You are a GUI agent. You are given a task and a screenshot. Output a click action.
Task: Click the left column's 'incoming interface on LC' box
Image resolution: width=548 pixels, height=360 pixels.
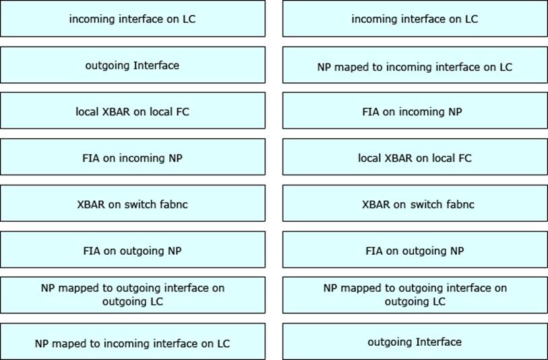coord(133,18)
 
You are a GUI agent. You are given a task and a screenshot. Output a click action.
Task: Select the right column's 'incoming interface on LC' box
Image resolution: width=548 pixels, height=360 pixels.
coord(415,18)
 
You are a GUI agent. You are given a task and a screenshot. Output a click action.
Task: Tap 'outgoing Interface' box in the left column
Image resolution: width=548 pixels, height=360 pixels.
coord(133,65)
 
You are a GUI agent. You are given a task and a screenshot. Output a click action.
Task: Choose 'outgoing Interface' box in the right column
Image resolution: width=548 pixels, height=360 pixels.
coord(415,342)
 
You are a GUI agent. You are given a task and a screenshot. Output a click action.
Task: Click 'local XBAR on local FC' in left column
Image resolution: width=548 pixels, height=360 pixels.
coord(133,111)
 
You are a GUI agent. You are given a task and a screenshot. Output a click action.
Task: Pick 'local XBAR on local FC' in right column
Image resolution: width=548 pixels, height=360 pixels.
coord(415,158)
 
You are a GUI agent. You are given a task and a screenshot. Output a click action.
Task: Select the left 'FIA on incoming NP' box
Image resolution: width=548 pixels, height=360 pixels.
coord(133,158)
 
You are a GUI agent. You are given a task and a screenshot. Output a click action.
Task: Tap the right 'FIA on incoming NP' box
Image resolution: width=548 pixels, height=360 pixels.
coord(415,111)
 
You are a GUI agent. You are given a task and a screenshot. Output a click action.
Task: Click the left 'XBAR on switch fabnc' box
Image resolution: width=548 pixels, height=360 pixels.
coord(133,204)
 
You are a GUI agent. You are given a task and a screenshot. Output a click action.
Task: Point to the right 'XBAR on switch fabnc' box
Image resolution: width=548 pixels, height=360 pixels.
coord(415,204)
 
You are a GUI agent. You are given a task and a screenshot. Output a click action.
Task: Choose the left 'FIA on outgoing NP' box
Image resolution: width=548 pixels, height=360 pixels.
coord(133,250)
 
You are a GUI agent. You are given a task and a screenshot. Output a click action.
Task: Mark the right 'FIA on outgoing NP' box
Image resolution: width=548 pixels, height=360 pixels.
coord(415,250)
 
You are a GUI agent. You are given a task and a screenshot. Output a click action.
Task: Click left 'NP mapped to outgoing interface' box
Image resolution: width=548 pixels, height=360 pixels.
coord(133,295)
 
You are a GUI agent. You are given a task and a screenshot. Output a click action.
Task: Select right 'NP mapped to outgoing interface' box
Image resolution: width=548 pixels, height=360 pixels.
coord(415,295)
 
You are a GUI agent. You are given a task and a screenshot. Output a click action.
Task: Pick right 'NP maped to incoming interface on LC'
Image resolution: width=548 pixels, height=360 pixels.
coord(415,67)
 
